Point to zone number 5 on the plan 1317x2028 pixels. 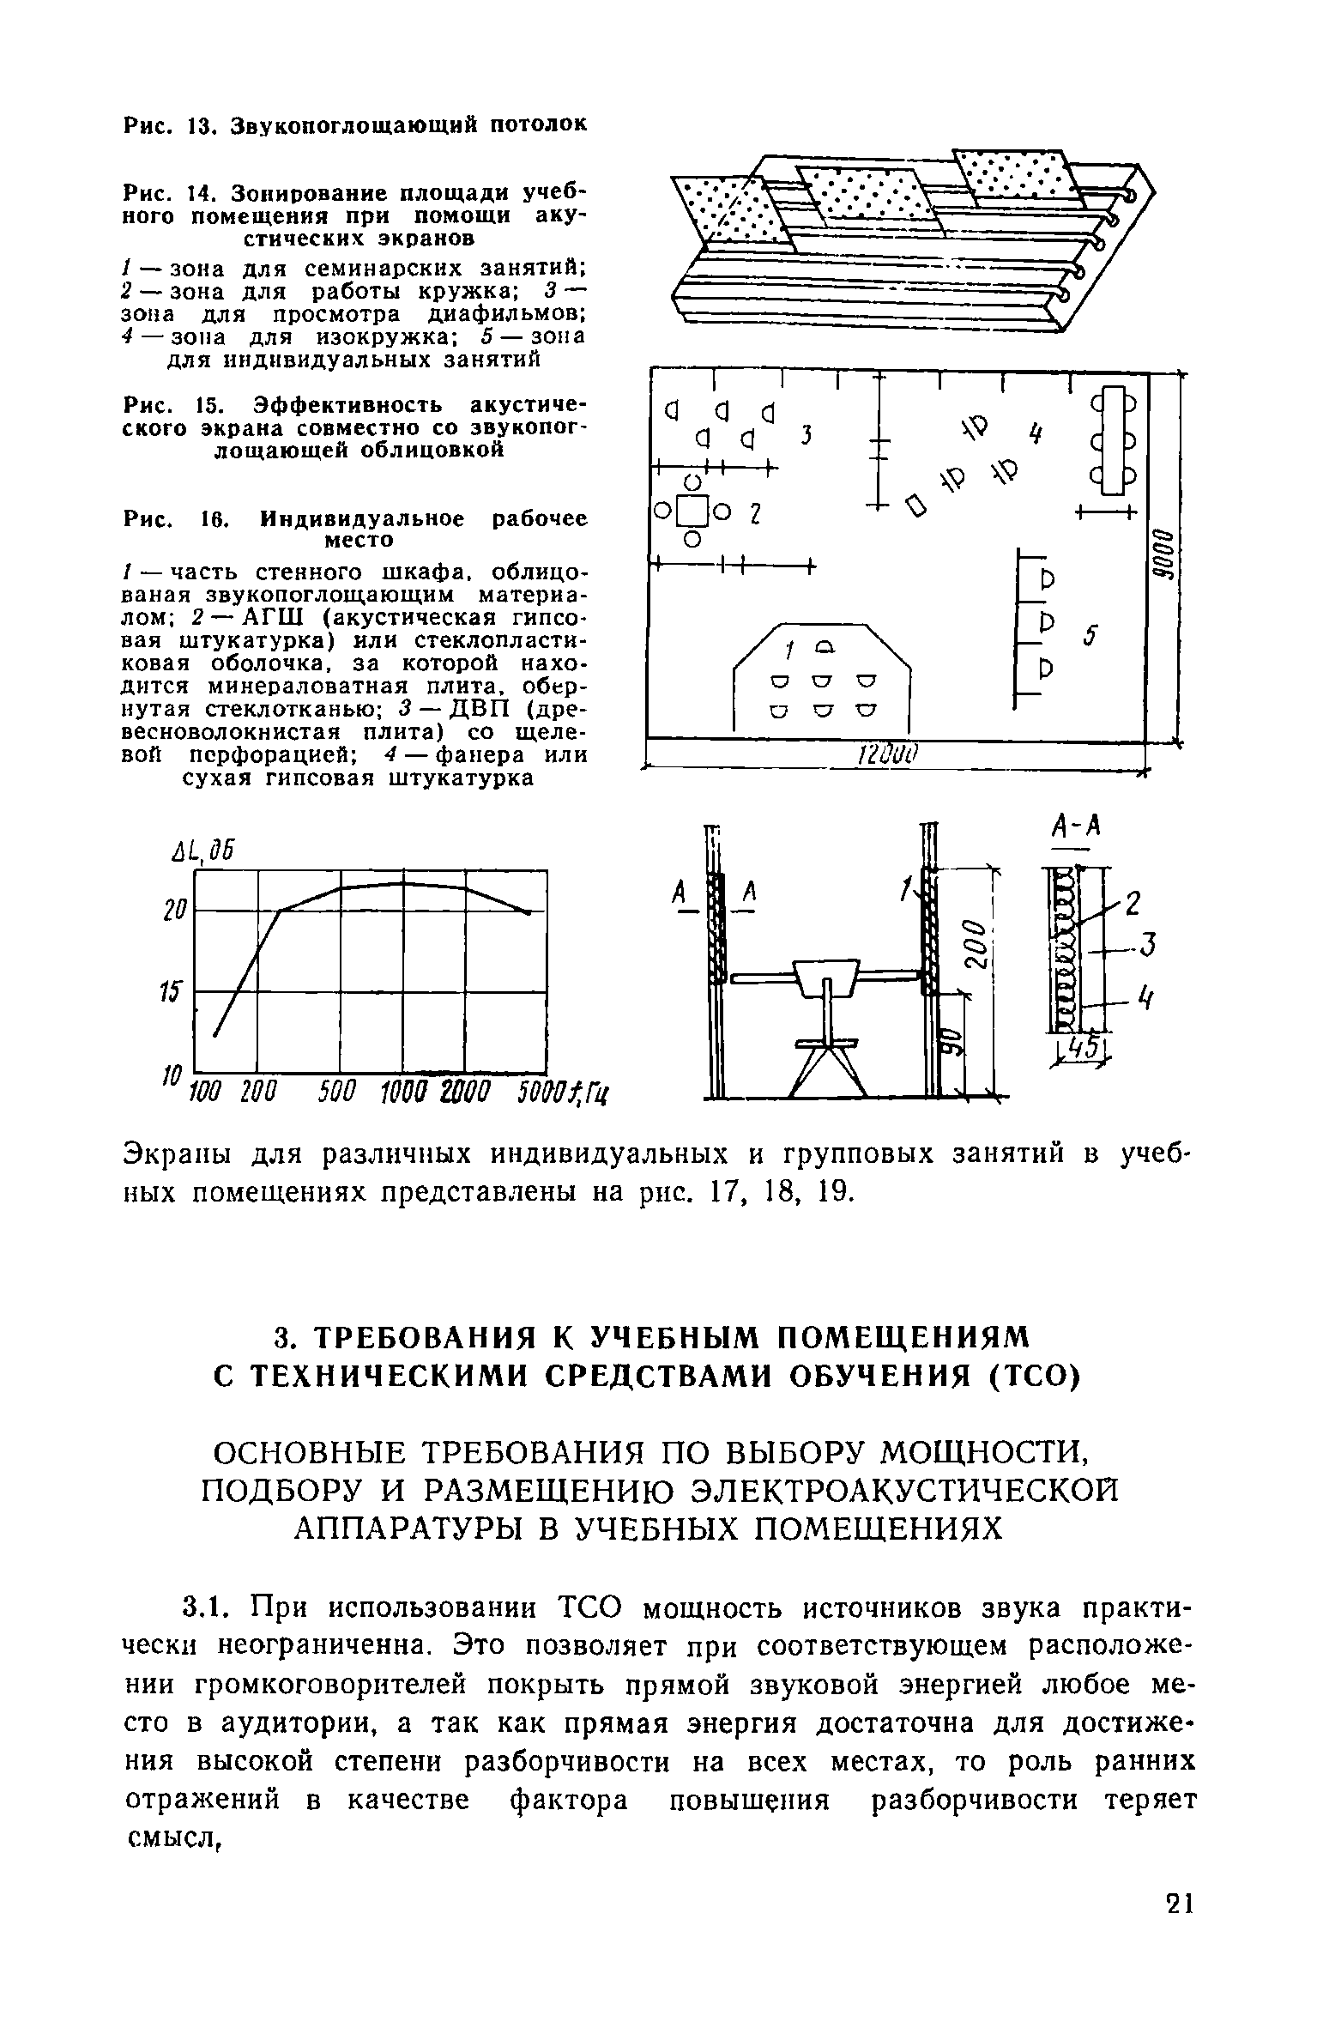click(1090, 634)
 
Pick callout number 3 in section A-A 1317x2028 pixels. click(1148, 945)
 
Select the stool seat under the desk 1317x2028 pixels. click(826, 1043)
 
